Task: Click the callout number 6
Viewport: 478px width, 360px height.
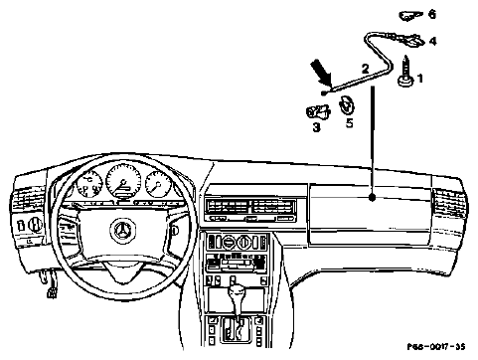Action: (x=432, y=14)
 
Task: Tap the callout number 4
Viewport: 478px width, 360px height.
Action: (x=433, y=41)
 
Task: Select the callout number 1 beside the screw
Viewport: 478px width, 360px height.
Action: (x=420, y=79)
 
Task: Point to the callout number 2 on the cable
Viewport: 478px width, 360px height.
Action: (x=365, y=69)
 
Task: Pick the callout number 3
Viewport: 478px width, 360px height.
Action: (x=317, y=126)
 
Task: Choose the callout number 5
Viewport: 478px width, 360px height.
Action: (x=350, y=122)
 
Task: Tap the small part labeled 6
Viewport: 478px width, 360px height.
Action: (x=411, y=15)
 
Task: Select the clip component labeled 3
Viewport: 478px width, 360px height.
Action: (x=318, y=111)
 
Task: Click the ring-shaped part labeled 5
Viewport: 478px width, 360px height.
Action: (x=347, y=105)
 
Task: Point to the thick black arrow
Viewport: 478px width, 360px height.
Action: (x=321, y=72)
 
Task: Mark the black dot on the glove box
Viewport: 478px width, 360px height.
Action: (x=373, y=198)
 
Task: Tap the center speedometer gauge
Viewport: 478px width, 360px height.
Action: (x=123, y=180)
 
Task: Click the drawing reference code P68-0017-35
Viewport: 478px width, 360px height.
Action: (x=436, y=347)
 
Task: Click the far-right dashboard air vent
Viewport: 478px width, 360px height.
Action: (x=448, y=203)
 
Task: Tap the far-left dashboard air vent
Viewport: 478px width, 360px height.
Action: (x=29, y=201)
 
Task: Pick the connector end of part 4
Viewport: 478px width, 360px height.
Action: (x=411, y=40)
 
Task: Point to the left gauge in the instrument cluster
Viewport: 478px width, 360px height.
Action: (x=88, y=184)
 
